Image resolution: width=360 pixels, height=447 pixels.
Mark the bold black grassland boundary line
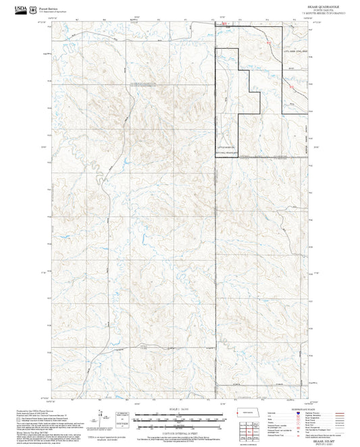[215, 101]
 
